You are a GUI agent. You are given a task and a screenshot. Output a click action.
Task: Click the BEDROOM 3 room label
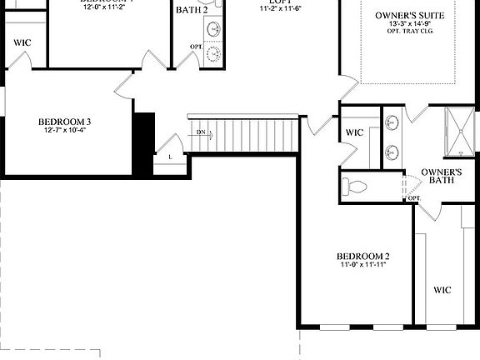pyautogui.click(x=64, y=122)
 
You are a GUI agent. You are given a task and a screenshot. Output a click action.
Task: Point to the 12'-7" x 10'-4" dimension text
pyautogui.click(x=64, y=130)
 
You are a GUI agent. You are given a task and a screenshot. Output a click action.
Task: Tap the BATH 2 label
pyautogui.click(x=192, y=10)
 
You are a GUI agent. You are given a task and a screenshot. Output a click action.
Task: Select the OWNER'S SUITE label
pyautogui.click(x=410, y=16)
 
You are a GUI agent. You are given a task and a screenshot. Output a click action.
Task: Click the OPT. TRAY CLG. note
pyautogui.click(x=410, y=33)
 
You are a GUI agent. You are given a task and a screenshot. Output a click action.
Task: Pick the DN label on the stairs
pyautogui.click(x=201, y=132)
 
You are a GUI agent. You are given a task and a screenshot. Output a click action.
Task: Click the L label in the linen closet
pyautogui.click(x=170, y=157)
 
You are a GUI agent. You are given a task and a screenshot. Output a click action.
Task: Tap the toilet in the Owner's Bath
pyautogui.click(x=356, y=186)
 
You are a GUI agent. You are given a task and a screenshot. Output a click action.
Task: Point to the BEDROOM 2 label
pyautogui.click(x=363, y=256)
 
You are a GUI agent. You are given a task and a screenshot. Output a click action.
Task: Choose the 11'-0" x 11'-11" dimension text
pyautogui.click(x=363, y=265)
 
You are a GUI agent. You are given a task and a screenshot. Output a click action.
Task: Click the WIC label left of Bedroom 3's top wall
pyautogui.click(x=22, y=42)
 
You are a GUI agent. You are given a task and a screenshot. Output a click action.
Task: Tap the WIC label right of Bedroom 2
pyautogui.click(x=442, y=290)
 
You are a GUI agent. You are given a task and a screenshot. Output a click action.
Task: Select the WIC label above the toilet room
pyautogui.click(x=354, y=132)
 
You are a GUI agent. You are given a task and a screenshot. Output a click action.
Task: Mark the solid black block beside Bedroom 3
pyautogui.click(x=145, y=142)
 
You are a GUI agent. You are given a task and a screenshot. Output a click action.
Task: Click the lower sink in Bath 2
pyautogui.click(x=215, y=53)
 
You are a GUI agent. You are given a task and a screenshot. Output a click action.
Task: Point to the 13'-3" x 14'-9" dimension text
pyautogui.click(x=410, y=25)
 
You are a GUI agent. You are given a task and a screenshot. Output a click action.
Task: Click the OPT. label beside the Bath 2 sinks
pyautogui.click(x=196, y=47)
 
